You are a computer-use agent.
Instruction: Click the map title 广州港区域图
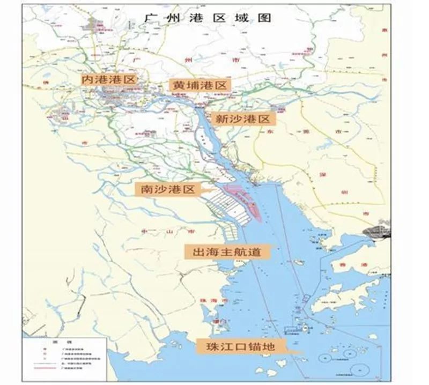click(x=210, y=18)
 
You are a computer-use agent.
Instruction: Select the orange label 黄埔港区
click(x=199, y=85)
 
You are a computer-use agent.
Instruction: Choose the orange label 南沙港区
click(x=166, y=189)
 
